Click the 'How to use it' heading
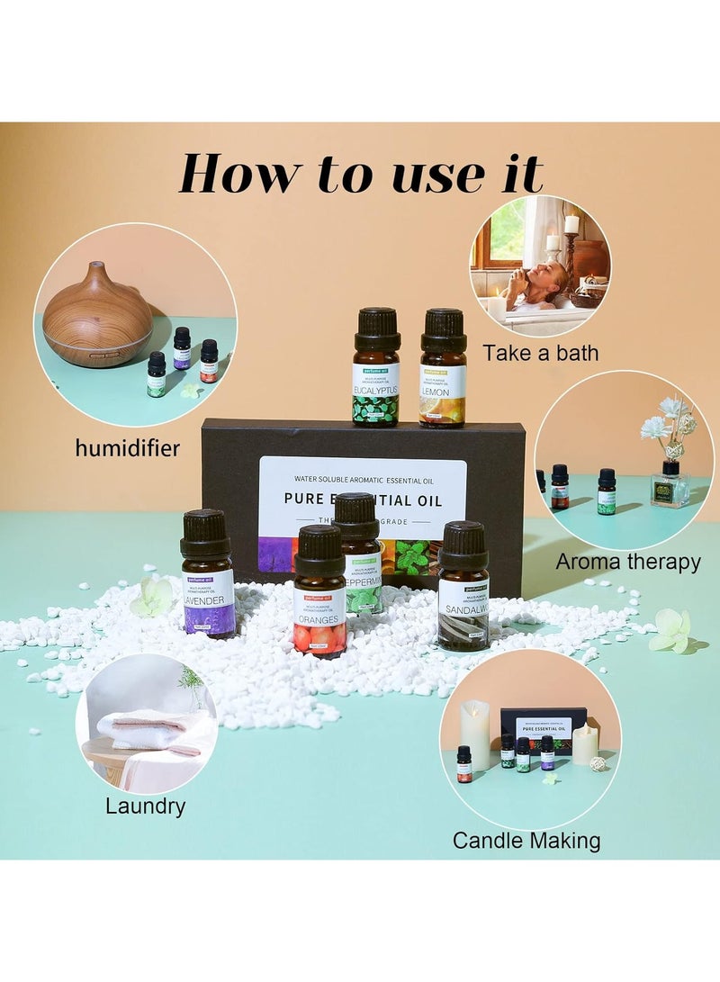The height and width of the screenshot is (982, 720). pos(360,174)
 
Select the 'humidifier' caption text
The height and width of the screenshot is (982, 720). pos(128,447)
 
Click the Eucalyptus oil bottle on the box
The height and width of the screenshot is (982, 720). pos(376,369)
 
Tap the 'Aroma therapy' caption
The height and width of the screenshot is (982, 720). pos(627,563)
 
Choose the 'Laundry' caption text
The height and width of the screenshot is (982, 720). pos(145,806)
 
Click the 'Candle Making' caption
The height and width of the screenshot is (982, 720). pos(526,842)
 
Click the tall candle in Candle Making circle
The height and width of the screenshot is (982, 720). pos(474,734)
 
